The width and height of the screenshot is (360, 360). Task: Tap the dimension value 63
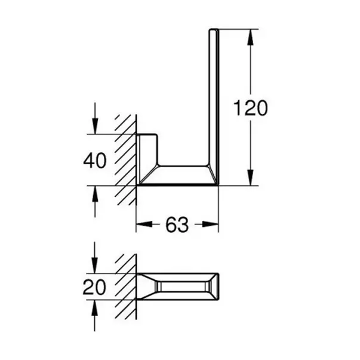click(x=177, y=225)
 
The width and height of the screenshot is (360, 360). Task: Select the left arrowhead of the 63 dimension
click(x=142, y=225)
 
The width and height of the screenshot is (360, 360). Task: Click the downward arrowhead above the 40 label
click(x=94, y=128)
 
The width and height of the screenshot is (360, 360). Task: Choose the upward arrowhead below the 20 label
click(x=94, y=307)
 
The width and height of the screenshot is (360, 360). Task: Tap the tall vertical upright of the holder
click(x=213, y=96)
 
